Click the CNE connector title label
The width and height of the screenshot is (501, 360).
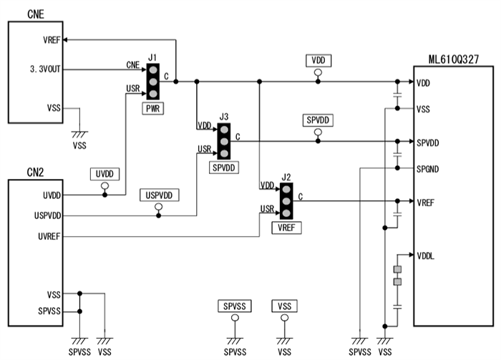[36, 14]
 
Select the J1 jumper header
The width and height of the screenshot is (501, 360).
[152, 82]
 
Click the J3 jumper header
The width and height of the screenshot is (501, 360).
[223, 141]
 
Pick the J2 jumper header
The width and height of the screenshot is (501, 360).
[286, 201]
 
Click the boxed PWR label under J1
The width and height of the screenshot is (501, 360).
[153, 109]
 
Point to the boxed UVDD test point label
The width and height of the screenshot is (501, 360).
[104, 174]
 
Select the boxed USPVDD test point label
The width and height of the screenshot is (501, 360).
[158, 194]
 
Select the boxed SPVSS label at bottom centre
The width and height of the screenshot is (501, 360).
[234, 306]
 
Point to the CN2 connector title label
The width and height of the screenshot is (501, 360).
[36, 172]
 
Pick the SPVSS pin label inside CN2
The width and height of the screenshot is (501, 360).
[49, 311]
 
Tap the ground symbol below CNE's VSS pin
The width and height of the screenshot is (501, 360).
[79, 133]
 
